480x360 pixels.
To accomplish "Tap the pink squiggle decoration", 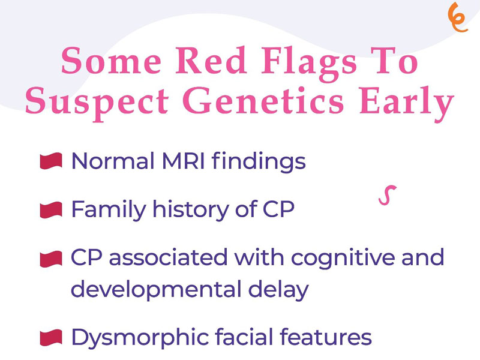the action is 387,195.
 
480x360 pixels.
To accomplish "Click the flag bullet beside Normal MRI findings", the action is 51,161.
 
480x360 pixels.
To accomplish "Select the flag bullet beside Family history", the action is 51,210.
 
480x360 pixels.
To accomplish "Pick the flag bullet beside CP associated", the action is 51,259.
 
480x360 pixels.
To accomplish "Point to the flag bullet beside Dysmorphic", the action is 51,338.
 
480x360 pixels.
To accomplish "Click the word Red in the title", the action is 211,61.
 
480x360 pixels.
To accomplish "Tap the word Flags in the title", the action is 309,64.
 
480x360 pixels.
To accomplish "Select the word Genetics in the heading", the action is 263,100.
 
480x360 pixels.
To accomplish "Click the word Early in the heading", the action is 406,103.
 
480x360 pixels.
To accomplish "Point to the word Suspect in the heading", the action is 97,103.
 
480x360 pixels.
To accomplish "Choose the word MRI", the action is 183,161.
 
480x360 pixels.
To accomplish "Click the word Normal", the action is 113,161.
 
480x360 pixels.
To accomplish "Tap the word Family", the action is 109,211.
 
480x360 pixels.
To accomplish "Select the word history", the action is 190,211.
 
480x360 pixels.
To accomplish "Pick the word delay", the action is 278,290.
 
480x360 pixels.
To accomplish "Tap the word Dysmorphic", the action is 140,338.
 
